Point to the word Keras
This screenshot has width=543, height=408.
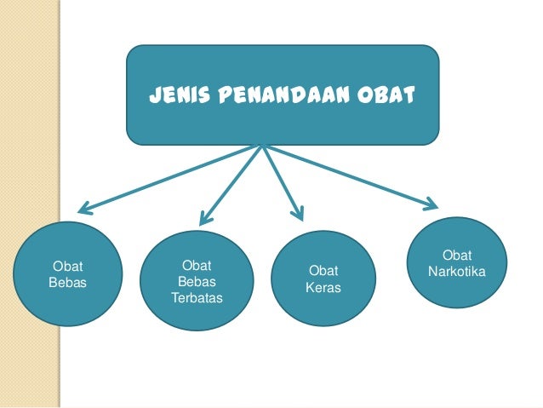(323, 288)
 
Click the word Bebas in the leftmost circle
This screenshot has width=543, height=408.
(68, 282)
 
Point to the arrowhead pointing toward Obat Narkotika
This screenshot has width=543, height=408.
(431, 204)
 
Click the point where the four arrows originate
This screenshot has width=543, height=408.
(262, 146)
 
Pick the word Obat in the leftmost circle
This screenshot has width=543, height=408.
(68, 266)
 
